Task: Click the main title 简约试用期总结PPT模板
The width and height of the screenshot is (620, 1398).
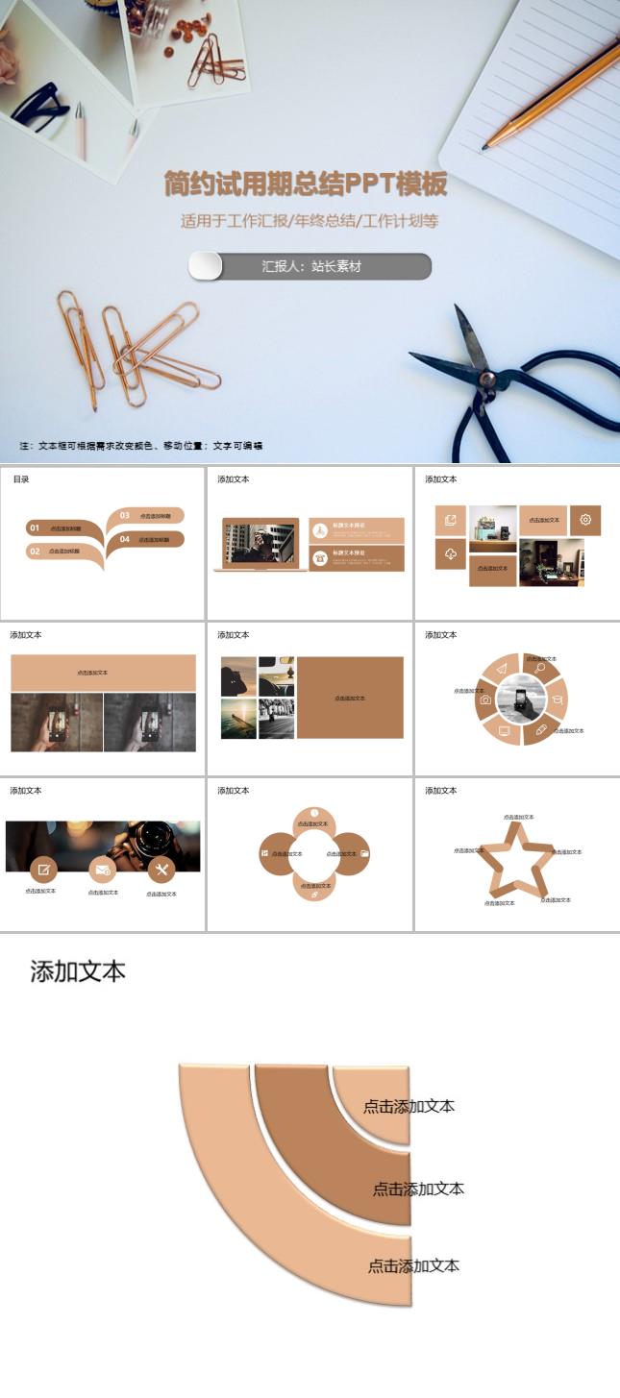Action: [x=306, y=184]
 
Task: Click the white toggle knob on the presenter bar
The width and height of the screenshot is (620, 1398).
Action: [x=205, y=266]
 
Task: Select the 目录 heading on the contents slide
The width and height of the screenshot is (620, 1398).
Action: [x=21, y=479]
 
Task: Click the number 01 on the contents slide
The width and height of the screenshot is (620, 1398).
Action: [x=35, y=528]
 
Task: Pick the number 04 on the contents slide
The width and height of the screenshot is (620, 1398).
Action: [x=125, y=540]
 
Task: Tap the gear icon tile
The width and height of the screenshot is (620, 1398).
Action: [x=585, y=520]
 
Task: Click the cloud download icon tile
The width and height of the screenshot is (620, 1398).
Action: [x=450, y=552]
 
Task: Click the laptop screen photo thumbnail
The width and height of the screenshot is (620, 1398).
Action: [x=260, y=544]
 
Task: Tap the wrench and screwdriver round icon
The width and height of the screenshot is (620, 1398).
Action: [x=161, y=871]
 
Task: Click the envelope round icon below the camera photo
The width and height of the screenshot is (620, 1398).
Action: [x=102, y=871]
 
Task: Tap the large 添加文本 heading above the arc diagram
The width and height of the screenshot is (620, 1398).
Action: [x=78, y=970]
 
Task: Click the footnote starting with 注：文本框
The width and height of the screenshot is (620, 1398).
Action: [x=140, y=446]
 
